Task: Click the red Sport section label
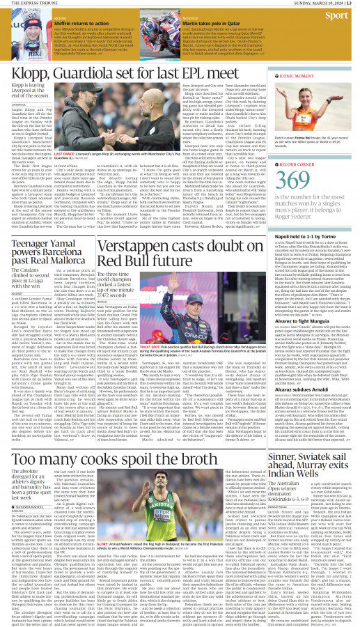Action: coord(338,15)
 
